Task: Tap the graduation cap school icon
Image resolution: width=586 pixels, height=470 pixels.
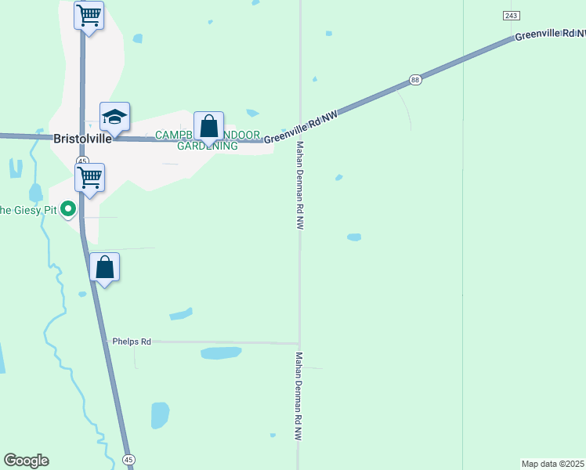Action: point(114,117)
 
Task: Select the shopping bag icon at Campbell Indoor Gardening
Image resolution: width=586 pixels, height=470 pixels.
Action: point(208,127)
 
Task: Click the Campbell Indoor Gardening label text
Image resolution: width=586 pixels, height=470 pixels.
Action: point(196,140)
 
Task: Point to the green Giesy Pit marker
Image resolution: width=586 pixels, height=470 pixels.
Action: point(68,209)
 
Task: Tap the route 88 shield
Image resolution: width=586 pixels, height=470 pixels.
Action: point(415,80)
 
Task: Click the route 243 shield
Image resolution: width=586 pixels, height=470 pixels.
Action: point(512,16)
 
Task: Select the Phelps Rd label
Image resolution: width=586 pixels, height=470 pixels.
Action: point(131,342)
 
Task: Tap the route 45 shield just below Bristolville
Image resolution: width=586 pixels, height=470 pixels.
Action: point(82,160)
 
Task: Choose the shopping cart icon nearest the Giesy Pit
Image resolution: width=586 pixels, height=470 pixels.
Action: point(89,178)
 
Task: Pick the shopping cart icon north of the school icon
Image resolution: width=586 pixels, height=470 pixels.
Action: point(89,15)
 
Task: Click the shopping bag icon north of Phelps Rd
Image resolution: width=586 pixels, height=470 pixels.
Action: point(104,268)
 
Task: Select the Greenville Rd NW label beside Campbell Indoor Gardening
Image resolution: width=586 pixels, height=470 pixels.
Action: point(301,128)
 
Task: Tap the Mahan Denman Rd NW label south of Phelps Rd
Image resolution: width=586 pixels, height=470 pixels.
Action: point(299,398)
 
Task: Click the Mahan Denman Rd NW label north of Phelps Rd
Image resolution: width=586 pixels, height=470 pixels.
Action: point(299,184)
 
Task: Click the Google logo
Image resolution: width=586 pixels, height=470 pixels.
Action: point(26,461)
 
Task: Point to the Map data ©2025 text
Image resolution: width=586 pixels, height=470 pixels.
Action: point(553,464)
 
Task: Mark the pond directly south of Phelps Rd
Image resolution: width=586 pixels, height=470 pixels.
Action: point(221,352)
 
